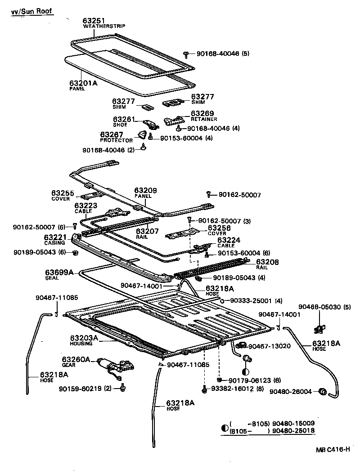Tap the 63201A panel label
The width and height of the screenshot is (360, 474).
pos(83,83)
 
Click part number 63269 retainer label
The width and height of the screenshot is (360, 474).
pos(202,114)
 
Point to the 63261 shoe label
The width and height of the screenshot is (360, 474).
pos(124,119)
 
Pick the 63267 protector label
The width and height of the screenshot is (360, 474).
pos(111,134)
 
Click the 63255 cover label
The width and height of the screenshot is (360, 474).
pos(62,192)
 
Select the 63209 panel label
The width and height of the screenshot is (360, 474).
pos(145,191)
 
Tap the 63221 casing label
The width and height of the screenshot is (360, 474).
pos(55,237)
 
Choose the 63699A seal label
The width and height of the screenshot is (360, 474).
pos(59,272)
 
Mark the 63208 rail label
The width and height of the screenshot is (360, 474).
pos(267,262)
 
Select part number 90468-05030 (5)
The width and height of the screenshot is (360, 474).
pos(321,307)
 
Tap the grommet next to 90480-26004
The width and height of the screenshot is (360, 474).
pos(322,392)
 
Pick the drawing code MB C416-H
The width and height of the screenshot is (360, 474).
pos(332,450)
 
